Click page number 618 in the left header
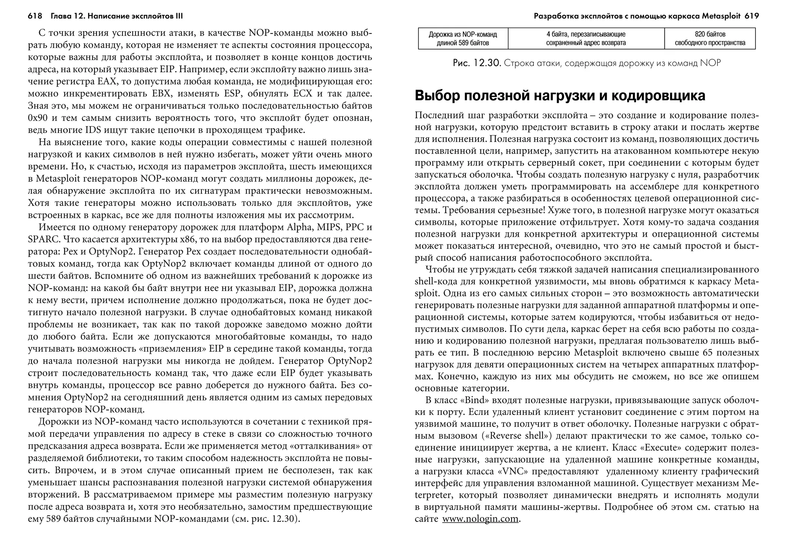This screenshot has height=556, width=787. point(35,16)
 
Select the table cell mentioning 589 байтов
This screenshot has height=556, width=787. point(463,38)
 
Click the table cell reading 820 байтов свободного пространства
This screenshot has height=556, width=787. point(710,38)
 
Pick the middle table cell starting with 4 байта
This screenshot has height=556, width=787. point(586,38)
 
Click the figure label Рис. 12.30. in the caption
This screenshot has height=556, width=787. point(477,63)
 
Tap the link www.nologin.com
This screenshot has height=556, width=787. point(480,519)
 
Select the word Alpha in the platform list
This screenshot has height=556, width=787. point(299,227)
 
